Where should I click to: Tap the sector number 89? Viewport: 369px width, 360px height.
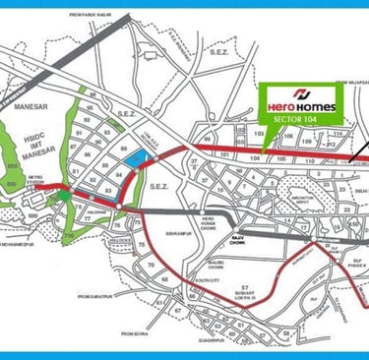click(123, 148)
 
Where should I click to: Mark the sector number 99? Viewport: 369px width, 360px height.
click(207, 144)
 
